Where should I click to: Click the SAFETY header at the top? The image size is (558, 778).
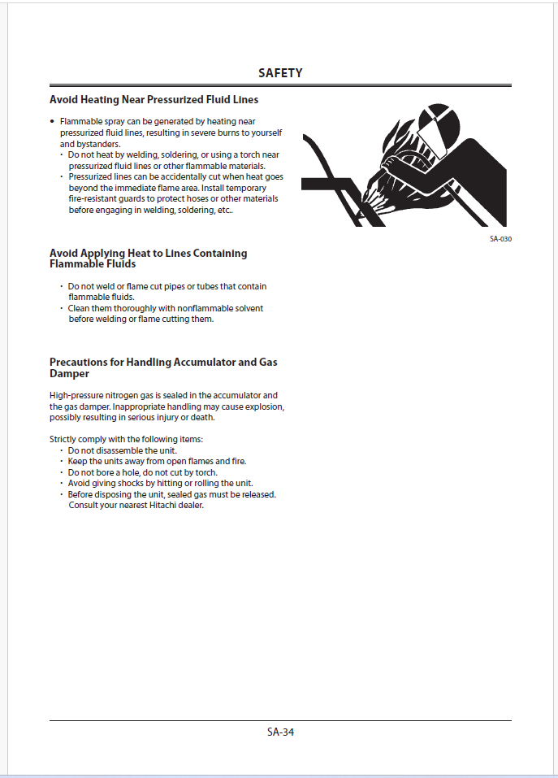tap(280, 73)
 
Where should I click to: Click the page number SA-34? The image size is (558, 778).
tap(280, 732)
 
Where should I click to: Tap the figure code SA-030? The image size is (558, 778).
tap(500, 239)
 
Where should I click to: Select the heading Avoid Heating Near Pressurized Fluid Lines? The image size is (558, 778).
tap(154, 100)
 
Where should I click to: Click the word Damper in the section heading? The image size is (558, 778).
tap(70, 373)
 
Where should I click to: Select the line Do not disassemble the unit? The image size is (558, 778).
tap(122, 450)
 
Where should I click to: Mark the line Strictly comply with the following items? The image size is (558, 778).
tap(126, 439)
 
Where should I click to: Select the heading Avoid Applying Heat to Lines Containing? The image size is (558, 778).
tap(148, 254)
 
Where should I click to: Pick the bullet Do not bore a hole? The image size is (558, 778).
tap(143, 472)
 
